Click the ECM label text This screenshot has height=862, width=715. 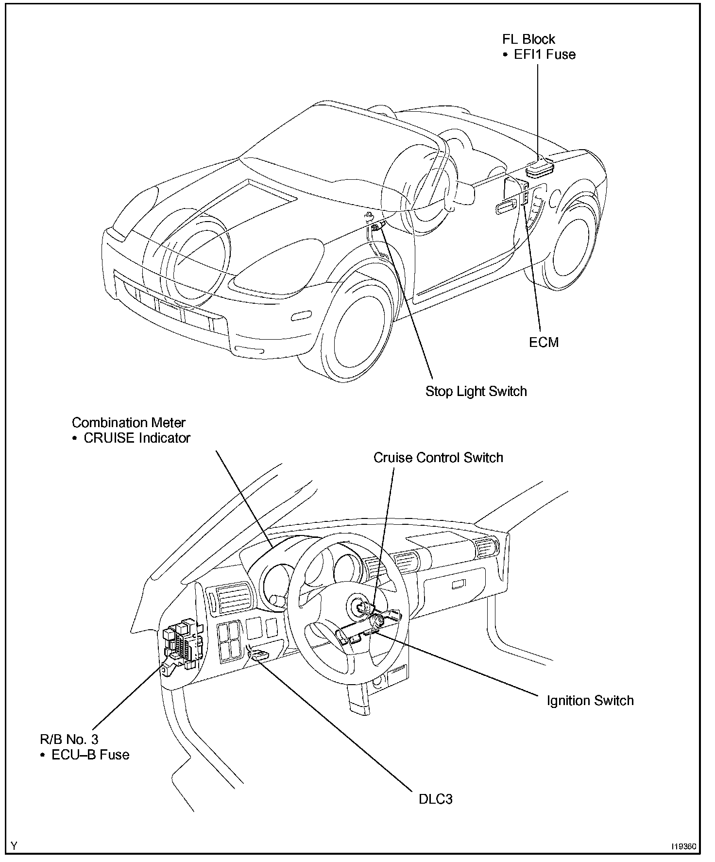coord(544,342)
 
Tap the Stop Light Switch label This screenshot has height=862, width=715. coord(476,391)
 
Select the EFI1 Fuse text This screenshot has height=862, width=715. coord(545,54)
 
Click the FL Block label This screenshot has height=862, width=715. coord(528,39)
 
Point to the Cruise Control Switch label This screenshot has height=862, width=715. coord(438,458)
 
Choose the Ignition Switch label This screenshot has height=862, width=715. coord(590,701)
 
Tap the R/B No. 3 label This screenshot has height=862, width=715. coord(69,740)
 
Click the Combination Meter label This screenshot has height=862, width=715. coord(129,423)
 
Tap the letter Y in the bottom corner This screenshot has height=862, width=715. coord(14,846)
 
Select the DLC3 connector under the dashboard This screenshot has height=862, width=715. coord(258,655)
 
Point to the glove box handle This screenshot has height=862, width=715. coord(458,585)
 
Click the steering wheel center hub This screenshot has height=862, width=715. coord(361,607)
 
